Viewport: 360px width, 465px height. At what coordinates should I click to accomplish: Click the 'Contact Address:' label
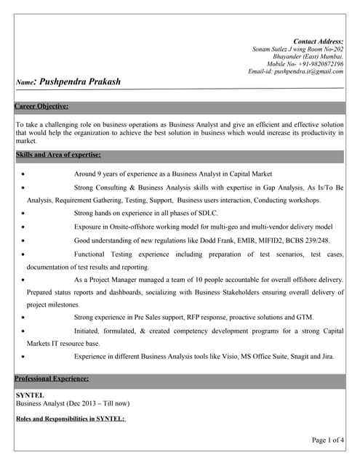click(318, 41)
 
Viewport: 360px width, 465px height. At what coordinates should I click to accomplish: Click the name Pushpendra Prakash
click(80, 81)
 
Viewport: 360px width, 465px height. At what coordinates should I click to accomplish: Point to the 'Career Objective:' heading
click(42, 106)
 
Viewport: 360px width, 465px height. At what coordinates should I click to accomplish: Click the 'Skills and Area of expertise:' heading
click(58, 155)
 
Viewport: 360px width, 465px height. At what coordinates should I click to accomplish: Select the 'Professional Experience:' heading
click(52, 379)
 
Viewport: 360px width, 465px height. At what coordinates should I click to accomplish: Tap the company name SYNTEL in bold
click(31, 395)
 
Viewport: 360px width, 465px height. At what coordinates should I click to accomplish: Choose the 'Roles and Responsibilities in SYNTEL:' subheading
click(71, 419)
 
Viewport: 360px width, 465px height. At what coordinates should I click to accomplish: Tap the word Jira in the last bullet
click(327, 357)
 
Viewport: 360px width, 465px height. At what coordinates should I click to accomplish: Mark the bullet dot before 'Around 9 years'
click(26, 175)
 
